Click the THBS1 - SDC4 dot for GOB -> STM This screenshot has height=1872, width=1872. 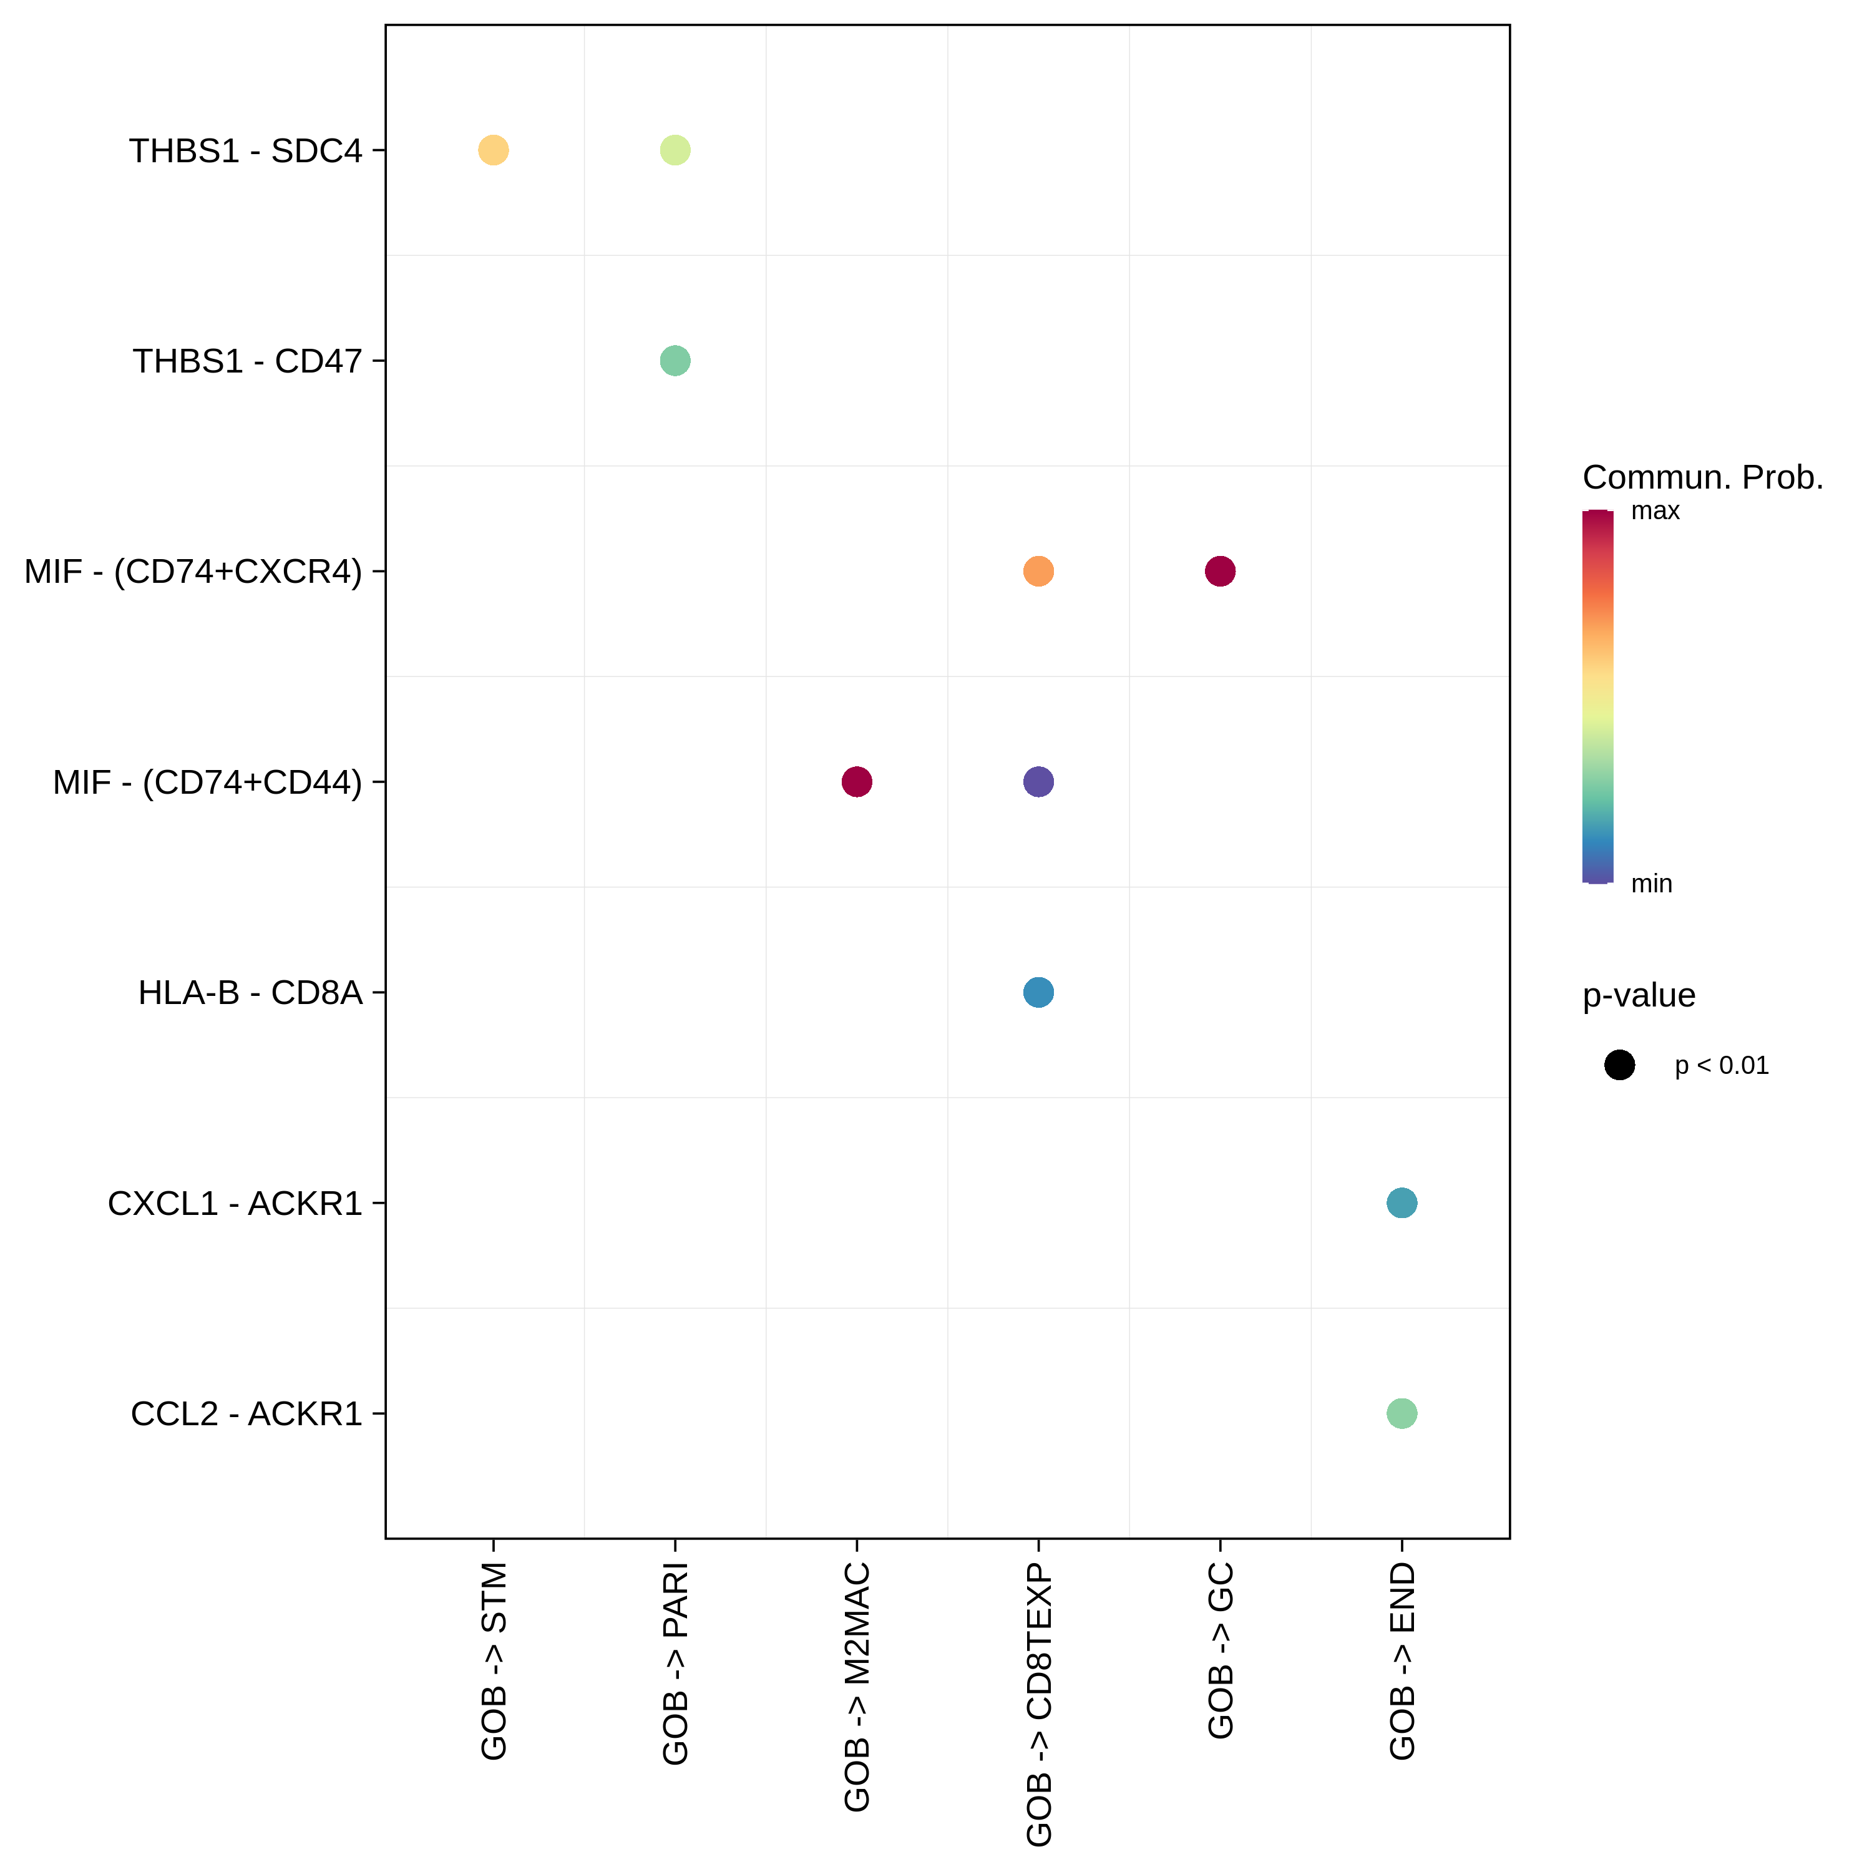tap(493, 150)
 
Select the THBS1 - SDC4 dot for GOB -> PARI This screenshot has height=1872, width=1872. tap(675, 150)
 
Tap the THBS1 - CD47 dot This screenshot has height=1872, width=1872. tap(675, 361)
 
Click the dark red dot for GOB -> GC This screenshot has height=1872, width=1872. tap(1220, 572)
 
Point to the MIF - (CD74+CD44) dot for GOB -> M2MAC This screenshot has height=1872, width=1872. tap(857, 782)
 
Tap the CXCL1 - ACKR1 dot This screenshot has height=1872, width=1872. tap(1402, 1204)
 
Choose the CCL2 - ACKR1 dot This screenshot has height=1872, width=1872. tap(1402, 1414)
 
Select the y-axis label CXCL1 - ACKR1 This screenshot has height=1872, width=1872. tap(235, 1204)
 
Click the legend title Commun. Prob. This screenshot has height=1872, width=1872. tap(1702, 478)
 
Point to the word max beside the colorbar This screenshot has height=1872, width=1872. tap(1655, 512)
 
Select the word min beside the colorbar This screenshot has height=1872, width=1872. tap(1651, 884)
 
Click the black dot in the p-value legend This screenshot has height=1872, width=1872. tap(1619, 1066)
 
